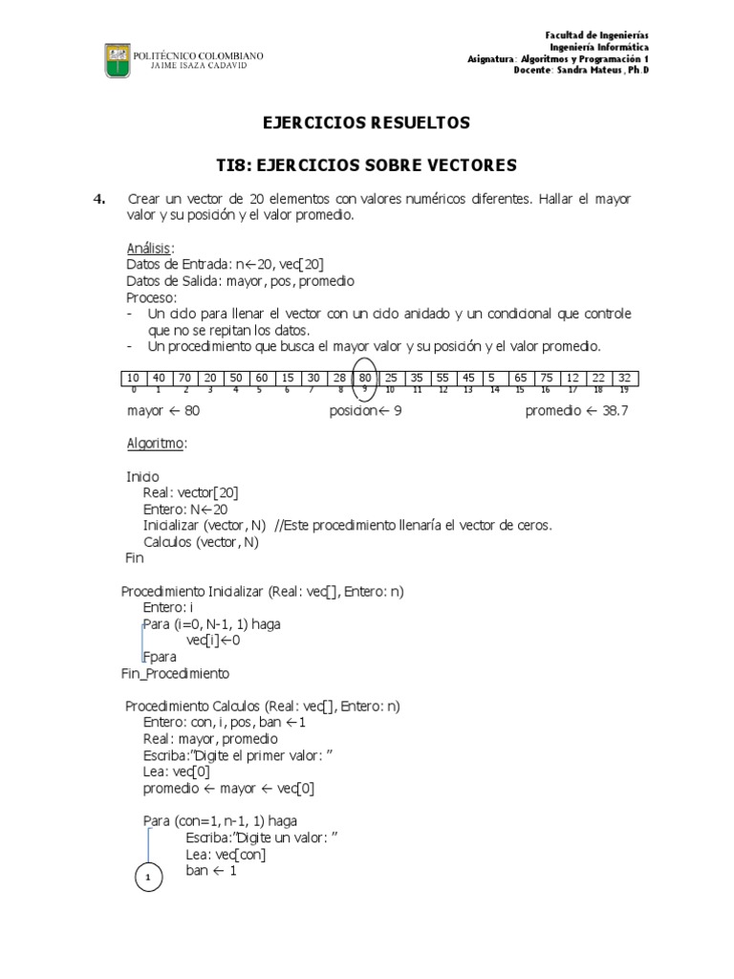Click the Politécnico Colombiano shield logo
coord(118,61)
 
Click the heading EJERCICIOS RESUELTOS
coord(367,123)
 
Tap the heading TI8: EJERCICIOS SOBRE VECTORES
coord(367,165)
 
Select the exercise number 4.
coord(99,199)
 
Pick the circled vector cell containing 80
coord(365,378)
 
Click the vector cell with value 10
coord(133,378)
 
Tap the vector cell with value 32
coord(623,378)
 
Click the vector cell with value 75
coord(546,378)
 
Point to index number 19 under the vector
coord(624,390)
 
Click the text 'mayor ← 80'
coord(163,411)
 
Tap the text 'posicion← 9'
coord(366,411)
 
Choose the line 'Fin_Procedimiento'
coord(175,673)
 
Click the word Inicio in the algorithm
coord(143,475)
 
